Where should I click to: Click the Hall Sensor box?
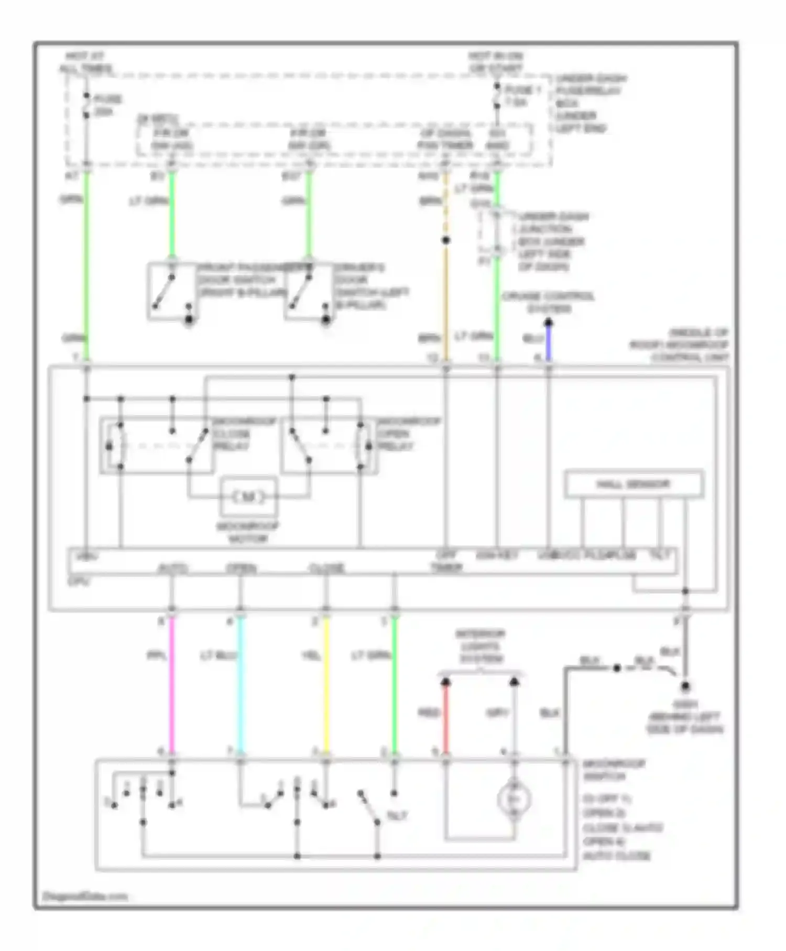pos(634,484)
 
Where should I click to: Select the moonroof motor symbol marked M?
pos(249,496)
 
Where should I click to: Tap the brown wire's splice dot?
pos(446,241)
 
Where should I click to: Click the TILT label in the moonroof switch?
pos(397,816)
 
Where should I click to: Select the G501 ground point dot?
pos(685,686)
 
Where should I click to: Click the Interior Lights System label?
pos(479,646)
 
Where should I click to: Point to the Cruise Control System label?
pos(548,302)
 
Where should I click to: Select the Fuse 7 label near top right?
pos(522,96)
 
